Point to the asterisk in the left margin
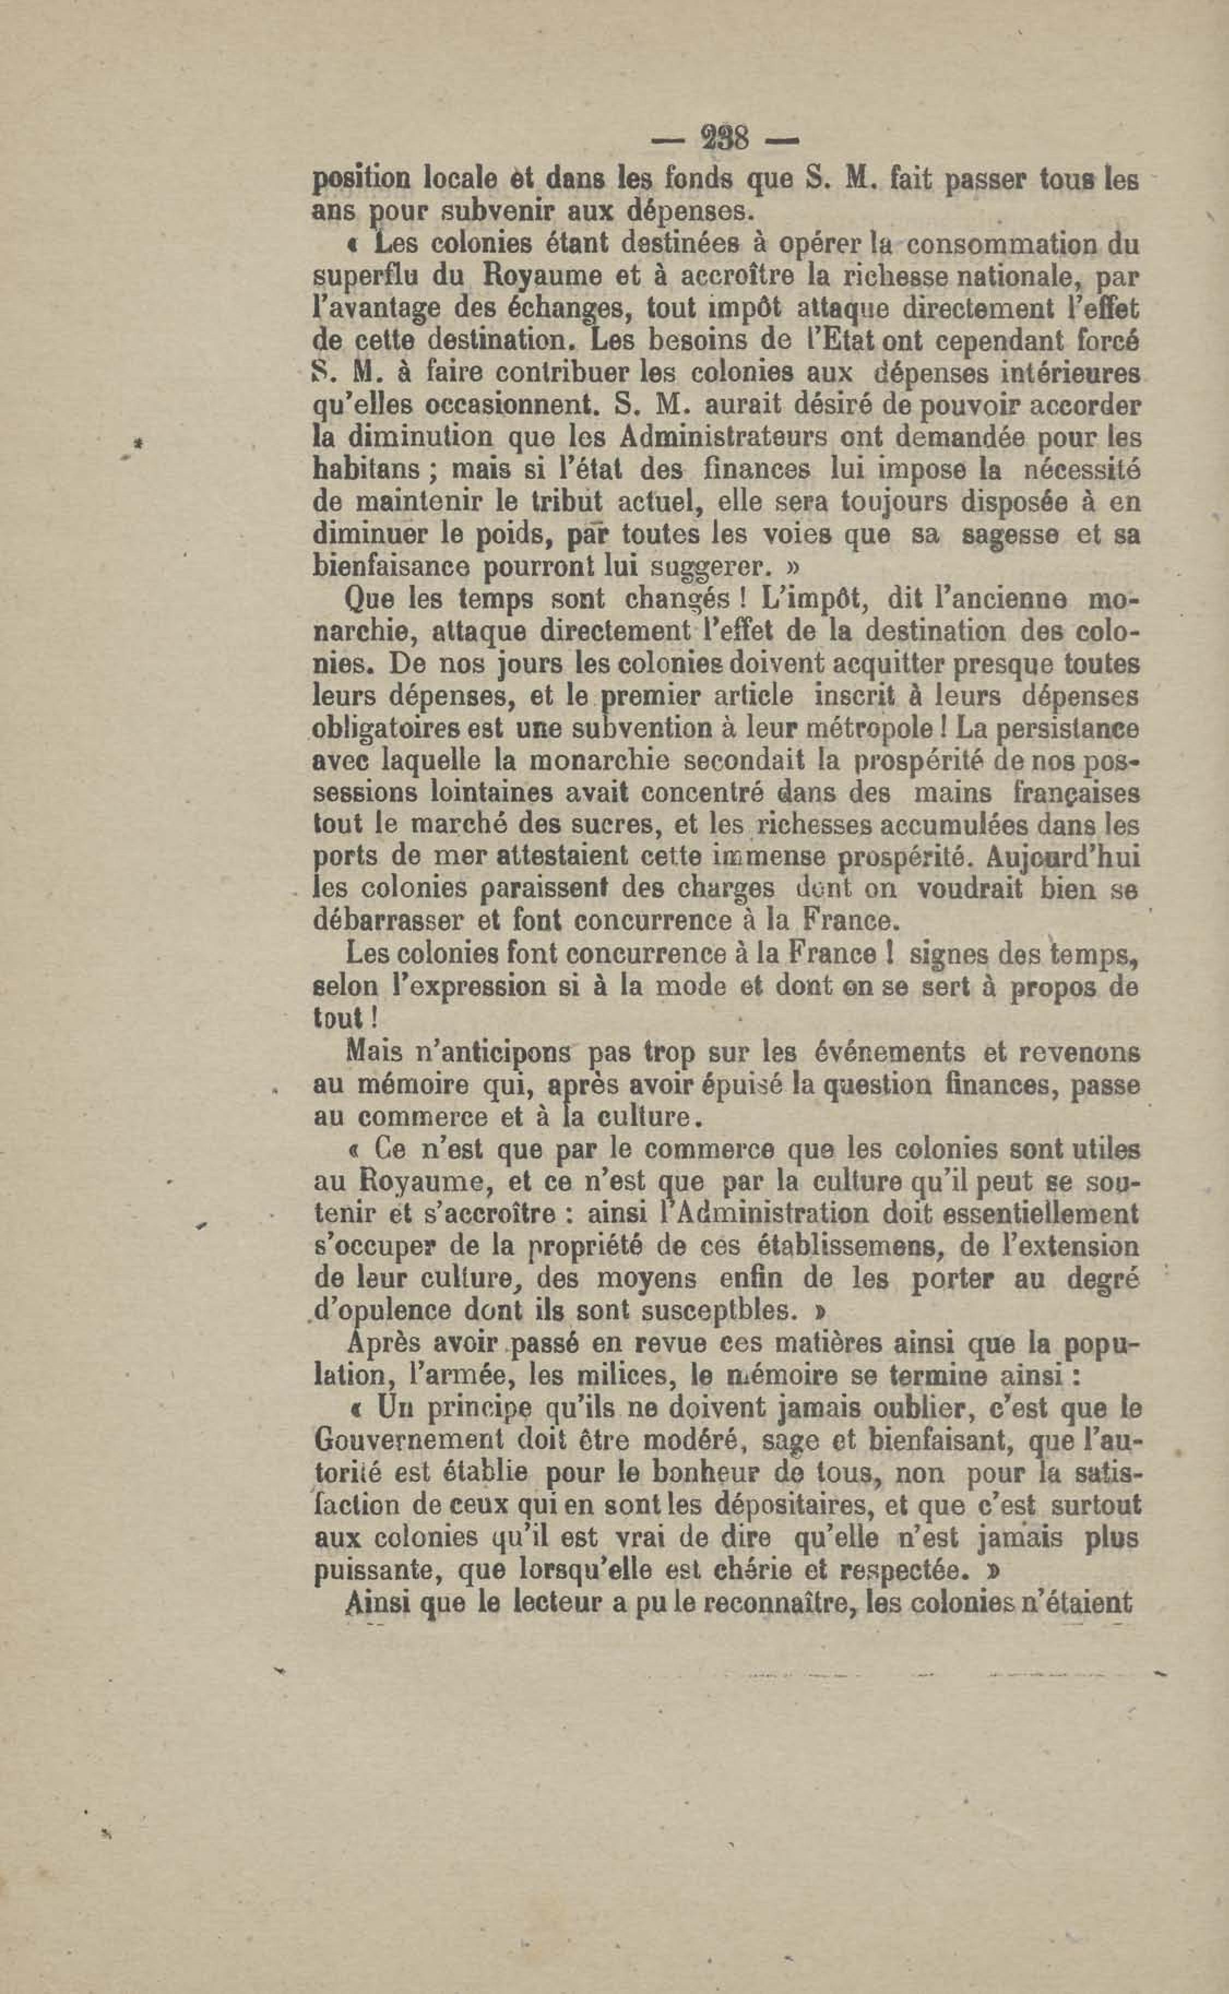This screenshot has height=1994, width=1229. tap(139, 443)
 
